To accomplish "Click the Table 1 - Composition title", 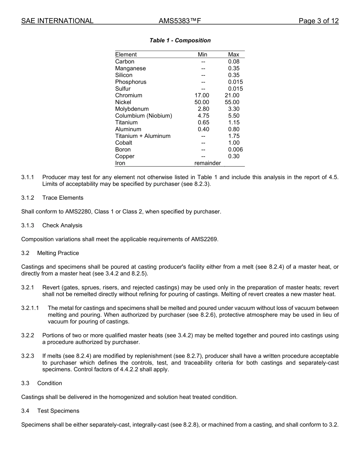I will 180,41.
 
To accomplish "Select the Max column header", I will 233,55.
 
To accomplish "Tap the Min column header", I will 203,55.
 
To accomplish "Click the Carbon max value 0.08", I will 234,61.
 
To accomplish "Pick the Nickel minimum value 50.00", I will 202,102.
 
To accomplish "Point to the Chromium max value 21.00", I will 232,95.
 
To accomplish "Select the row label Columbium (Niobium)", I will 144,116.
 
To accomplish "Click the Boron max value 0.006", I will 235,150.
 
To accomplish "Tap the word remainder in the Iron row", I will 207,163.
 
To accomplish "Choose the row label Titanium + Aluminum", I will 143,136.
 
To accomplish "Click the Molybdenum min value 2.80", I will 203,109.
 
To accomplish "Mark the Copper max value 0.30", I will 234,156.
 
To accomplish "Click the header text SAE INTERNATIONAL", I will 57,21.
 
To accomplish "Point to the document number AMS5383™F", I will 180,21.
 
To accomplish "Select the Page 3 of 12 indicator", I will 318,21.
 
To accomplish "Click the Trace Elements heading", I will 63,198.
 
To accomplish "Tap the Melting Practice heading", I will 58,253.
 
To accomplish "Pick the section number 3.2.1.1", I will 30,308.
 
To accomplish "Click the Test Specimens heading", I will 58,411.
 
